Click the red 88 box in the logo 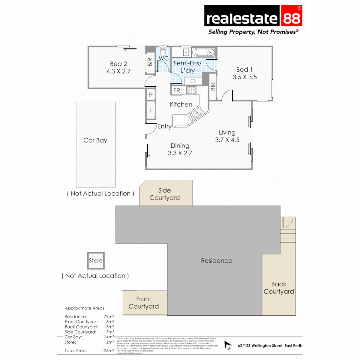tap(292, 16)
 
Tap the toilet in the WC tap(163, 53)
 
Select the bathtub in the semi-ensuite tap(204, 53)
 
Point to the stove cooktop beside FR tap(191, 90)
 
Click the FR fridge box tap(177, 90)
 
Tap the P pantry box tap(151, 95)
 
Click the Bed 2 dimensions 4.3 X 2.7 tap(118, 71)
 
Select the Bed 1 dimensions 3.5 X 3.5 tap(245, 77)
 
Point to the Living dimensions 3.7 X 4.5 tap(227, 140)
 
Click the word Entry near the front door tap(164, 127)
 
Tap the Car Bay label tap(95, 140)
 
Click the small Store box tap(96, 260)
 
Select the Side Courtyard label tap(165, 194)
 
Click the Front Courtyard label tap(144, 303)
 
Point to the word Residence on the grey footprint tap(216, 261)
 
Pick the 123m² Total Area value tap(109, 350)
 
